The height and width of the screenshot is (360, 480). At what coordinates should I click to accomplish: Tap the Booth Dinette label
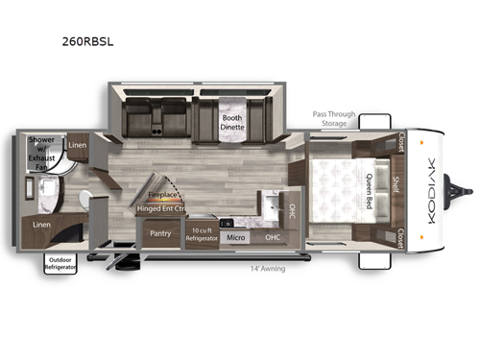click(235, 123)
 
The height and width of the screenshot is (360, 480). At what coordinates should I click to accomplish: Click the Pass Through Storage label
click(334, 117)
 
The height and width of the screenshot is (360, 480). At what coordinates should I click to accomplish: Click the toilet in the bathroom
click(85, 199)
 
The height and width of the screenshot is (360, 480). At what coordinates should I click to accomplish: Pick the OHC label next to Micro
click(272, 236)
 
